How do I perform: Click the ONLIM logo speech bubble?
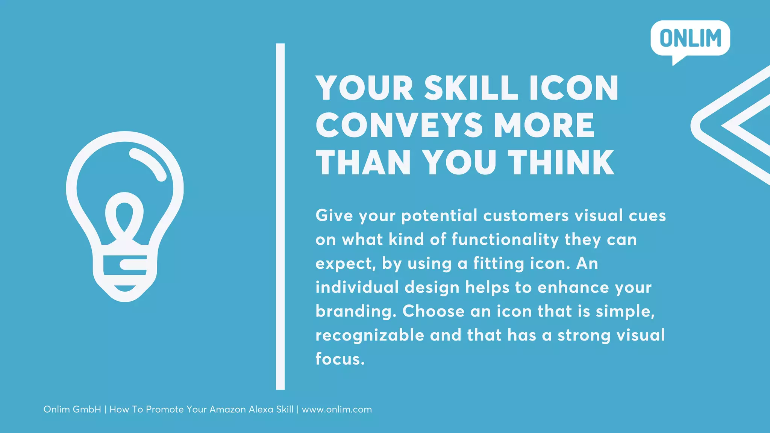pyautogui.click(x=690, y=39)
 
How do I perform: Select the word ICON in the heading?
pyautogui.click(x=574, y=88)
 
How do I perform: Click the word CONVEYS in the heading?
pyautogui.click(x=399, y=125)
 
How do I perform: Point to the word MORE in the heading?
pyautogui.click(x=544, y=125)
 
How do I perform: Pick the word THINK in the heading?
pyautogui.click(x=561, y=162)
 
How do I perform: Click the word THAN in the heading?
pyautogui.click(x=363, y=162)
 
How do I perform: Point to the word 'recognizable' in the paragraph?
pyautogui.click(x=370, y=335)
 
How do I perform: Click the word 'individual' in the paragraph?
pyautogui.click(x=357, y=288)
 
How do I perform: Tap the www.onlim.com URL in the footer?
pyautogui.click(x=337, y=409)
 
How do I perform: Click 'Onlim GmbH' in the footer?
pyautogui.click(x=72, y=409)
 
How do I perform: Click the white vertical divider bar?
pyautogui.click(x=280, y=216)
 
